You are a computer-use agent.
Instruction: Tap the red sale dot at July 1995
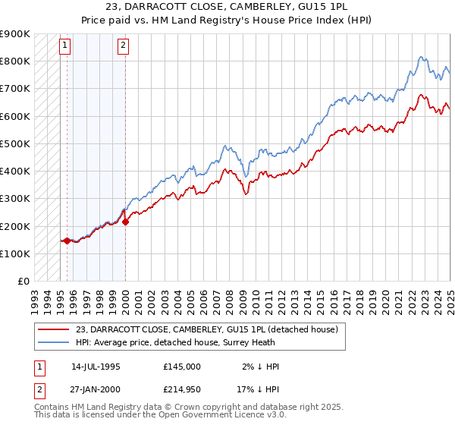pos(67,241)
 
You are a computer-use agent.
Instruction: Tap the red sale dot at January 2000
pos(126,222)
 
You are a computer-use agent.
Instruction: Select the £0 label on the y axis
pos(24,281)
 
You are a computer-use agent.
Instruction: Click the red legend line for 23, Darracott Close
pos(53,329)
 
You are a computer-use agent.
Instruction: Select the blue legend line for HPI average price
pos(53,342)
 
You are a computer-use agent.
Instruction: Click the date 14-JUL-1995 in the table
pos(96,366)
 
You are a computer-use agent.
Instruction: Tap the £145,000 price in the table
pos(181,366)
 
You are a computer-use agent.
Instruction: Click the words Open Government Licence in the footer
pos(215,416)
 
